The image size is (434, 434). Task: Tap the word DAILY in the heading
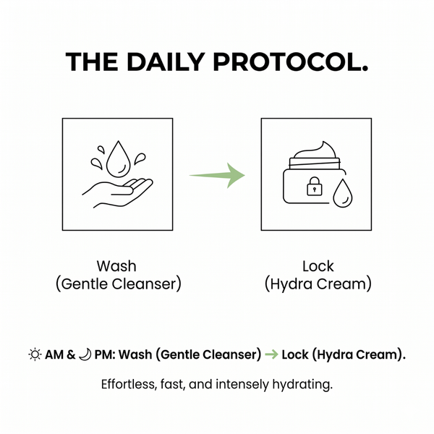coord(166,62)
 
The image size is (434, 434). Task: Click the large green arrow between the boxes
coord(217,175)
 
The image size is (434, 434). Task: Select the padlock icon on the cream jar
coord(315,187)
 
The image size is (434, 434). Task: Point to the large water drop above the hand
coord(119,159)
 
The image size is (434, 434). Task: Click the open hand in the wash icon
coord(117,193)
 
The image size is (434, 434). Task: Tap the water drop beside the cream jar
coord(343,193)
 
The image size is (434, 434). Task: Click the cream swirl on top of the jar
coord(315,150)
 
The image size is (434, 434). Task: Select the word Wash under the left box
coord(116,266)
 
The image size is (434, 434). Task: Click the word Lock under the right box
coord(318,266)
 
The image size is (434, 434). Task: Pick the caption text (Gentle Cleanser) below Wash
coord(119,284)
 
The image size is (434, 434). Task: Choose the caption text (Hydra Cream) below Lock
coord(318,284)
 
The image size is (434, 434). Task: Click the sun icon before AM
coord(35,354)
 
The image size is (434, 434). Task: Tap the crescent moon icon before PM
coord(85,354)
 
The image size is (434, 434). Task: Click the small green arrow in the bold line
coord(271,354)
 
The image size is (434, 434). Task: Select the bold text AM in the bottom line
coord(54,354)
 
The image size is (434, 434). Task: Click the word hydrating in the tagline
coord(302,385)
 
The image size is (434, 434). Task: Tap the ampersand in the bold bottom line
coord(71,354)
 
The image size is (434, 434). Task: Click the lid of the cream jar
coord(315,163)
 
